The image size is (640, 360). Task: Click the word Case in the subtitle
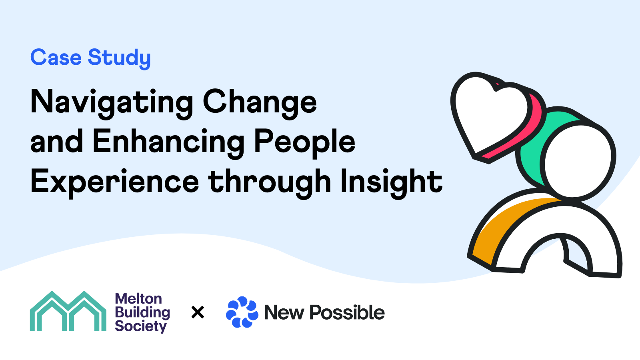pyautogui.click(x=56, y=58)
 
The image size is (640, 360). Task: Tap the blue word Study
pyautogui.click(x=119, y=59)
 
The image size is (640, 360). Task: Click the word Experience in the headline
pyautogui.click(x=114, y=183)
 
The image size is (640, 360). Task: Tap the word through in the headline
pyautogui.click(x=270, y=183)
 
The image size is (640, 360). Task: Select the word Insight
pyautogui.click(x=392, y=183)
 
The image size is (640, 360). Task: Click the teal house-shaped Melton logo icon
pyautogui.click(x=68, y=311)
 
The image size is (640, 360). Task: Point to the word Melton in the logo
pyautogui.click(x=138, y=299)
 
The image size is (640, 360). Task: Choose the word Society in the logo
pyautogui.click(x=140, y=326)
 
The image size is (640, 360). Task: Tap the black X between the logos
pyautogui.click(x=198, y=312)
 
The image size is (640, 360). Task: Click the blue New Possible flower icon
pyautogui.click(x=242, y=312)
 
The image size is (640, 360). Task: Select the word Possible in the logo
pyautogui.click(x=347, y=312)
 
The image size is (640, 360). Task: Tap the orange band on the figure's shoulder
pyautogui.click(x=503, y=226)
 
